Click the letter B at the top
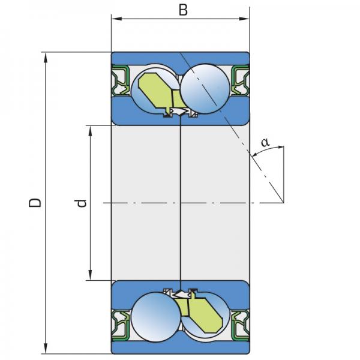pyautogui.click(x=183, y=10)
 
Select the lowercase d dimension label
pyautogui.click(x=82, y=203)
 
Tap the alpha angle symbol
pyautogui.click(x=265, y=143)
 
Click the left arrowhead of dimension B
pyautogui.click(x=116, y=19)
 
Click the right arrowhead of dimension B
pyautogui.click(x=244, y=19)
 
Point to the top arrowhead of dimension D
pyautogui.click(x=46, y=58)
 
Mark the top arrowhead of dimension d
pyautogui.click(x=91, y=131)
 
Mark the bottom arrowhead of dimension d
pyautogui.click(x=91, y=275)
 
